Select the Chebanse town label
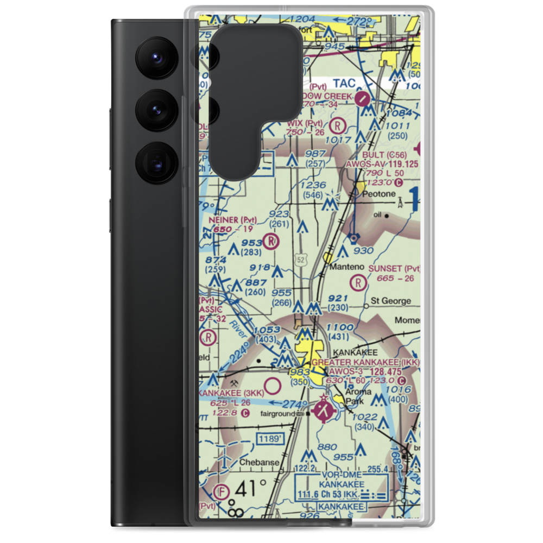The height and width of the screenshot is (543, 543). click(x=260, y=463)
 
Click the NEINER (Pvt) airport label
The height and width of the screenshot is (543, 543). click(x=232, y=220)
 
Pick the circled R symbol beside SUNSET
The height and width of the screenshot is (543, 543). click(x=358, y=282)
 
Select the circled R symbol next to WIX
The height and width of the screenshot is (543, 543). click(x=338, y=126)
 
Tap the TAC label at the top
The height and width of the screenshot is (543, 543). click(x=344, y=83)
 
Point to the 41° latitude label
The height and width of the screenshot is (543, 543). click(x=252, y=488)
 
